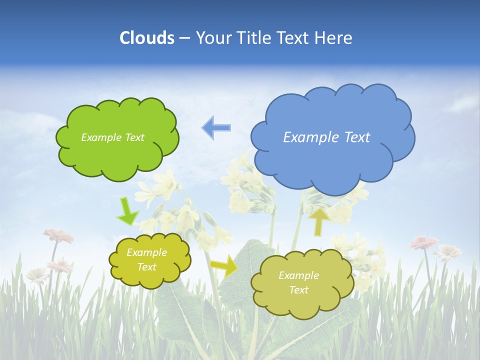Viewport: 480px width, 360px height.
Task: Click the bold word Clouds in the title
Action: pyautogui.click(x=146, y=38)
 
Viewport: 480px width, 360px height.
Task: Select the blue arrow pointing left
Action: pyautogui.click(x=216, y=127)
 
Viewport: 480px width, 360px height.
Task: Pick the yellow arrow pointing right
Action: pyautogui.click(x=224, y=265)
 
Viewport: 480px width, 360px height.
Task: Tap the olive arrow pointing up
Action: pyautogui.click(x=318, y=221)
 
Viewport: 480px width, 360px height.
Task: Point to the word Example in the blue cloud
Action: pyautogui.click(x=311, y=137)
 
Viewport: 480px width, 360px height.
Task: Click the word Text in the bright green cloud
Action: pyautogui.click(x=133, y=137)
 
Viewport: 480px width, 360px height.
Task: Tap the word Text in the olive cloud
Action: pyautogui.click(x=298, y=290)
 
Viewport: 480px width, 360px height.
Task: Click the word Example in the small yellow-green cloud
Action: pyautogui.click(x=146, y=252)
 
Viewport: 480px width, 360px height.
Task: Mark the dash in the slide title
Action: pyautogui.click(x=184, y=38)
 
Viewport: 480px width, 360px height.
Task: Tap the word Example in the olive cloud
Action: pyautogui.click(x=298, y=275)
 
